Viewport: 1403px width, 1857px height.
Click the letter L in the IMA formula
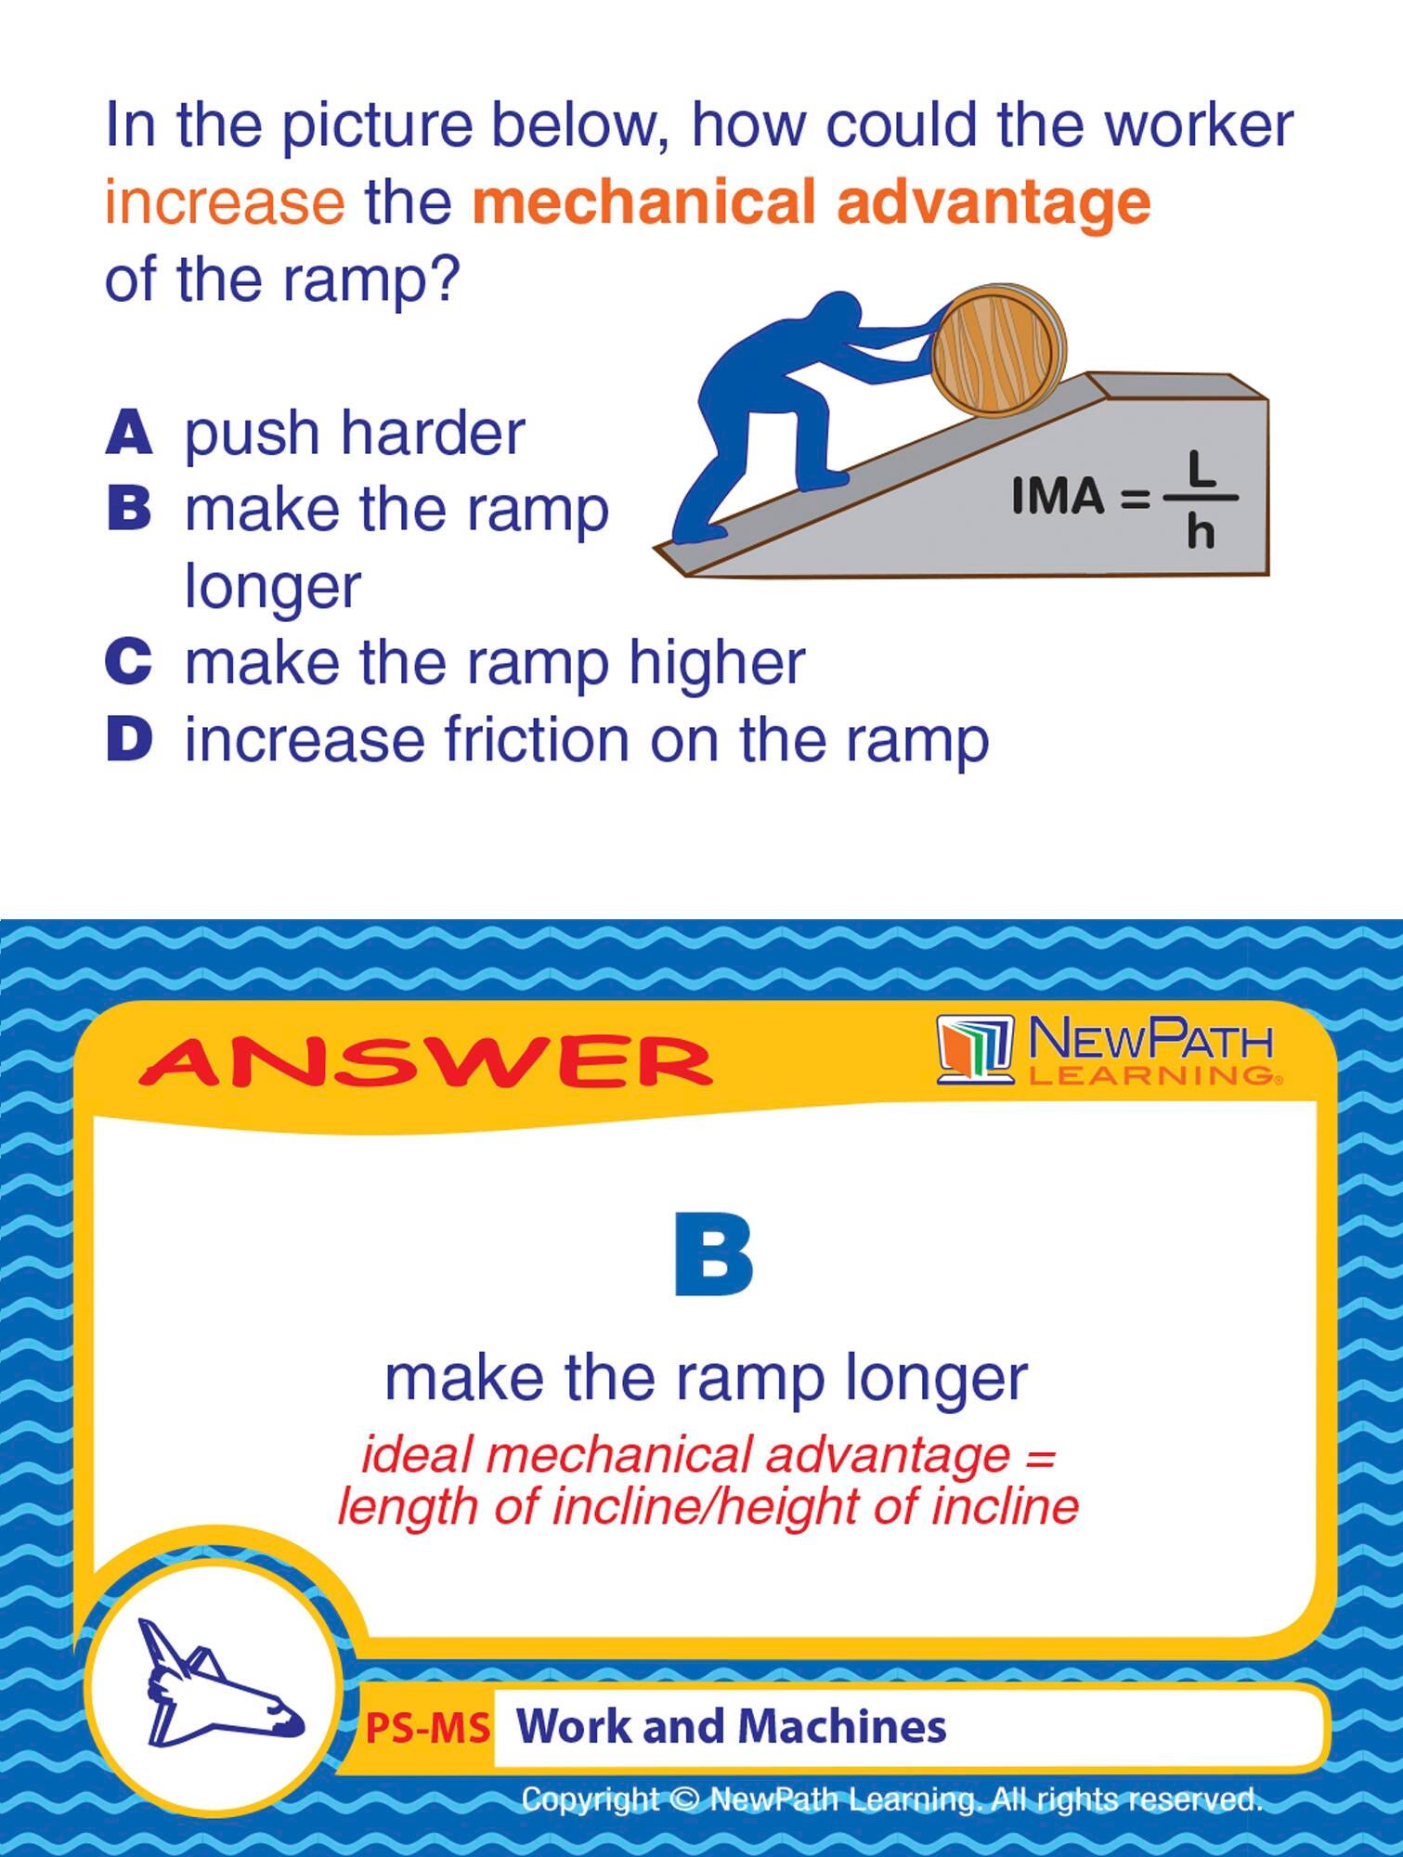pyautogui.click(x=1202, y=469)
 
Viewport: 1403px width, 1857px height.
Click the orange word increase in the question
pyautogui.click(x=225, y=202)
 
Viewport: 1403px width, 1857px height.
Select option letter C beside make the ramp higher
pyautogui.click(x=128, y=662)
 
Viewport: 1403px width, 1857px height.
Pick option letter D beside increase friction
pyautogui.click(x=128, y=739)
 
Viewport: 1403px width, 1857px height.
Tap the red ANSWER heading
pyautogui.click(x=425, y=1062)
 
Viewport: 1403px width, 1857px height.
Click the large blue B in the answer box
pyautogui.click(x=712, y=1253)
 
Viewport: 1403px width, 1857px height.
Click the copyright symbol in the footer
pyautogui.click(x=684, y=1800)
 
